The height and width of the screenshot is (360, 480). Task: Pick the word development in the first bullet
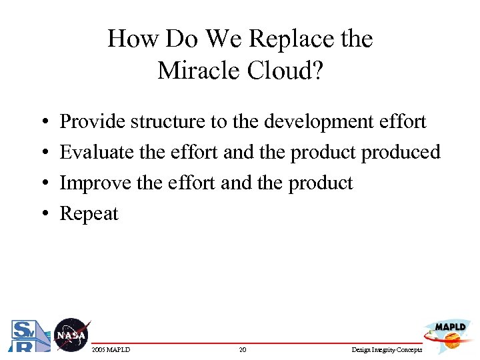pyautogui.click(x=322, y=122)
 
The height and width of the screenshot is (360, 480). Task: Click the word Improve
pyautogui.click(x=96, y=183)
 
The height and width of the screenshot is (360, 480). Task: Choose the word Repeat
pyautogui.click(x=89, y=214)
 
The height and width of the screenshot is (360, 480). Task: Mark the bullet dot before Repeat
pyautogui.click(x=43, y=215)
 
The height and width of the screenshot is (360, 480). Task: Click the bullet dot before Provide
pyautogui.click(x=43, y=123)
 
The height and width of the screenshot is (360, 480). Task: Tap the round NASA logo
pyautogui.click(x=71, y=335)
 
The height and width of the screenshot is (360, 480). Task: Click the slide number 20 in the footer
pyautogui.click(x=243, y=350)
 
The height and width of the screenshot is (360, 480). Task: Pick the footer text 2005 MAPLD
pyautogui.click(x=111, y=350)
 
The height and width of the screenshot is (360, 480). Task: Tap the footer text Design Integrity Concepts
pyautogui.click(x=386, y=350)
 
